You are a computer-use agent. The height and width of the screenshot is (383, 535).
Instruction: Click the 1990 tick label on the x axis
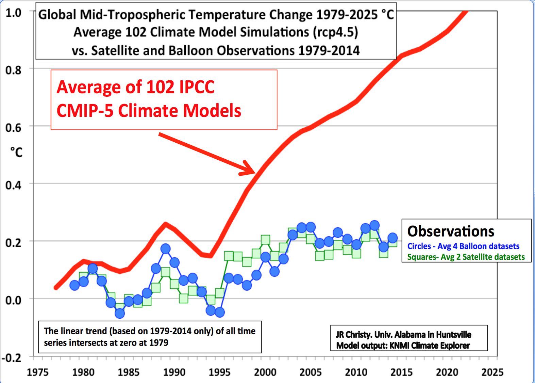[x=174, y=372]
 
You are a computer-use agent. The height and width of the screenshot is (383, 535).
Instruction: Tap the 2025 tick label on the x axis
[x=492, y=372]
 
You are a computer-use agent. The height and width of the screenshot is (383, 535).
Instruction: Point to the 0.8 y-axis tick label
[x=14, y=70]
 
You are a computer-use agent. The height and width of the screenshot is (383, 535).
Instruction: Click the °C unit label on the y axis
[x=16, y=152]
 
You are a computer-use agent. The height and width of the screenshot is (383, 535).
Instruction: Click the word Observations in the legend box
[x=451, y=232]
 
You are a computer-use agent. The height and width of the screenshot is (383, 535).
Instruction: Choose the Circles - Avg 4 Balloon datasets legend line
[x=463, y=246]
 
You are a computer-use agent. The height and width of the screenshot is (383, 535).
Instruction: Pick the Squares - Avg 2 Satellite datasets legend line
[x=466, y=257]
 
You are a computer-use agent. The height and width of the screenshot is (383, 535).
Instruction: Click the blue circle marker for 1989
[x=165, y=249]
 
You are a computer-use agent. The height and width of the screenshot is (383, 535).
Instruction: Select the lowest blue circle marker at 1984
[x=120, y=313]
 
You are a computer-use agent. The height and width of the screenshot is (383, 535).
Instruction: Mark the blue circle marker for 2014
[x=392, y=238]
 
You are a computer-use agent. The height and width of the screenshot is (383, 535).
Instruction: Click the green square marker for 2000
[x=265, y=240]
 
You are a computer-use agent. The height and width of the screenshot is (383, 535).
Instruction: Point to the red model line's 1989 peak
[x=165, y=224]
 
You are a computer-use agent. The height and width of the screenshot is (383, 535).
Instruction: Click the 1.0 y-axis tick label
[x=14, y=13]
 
